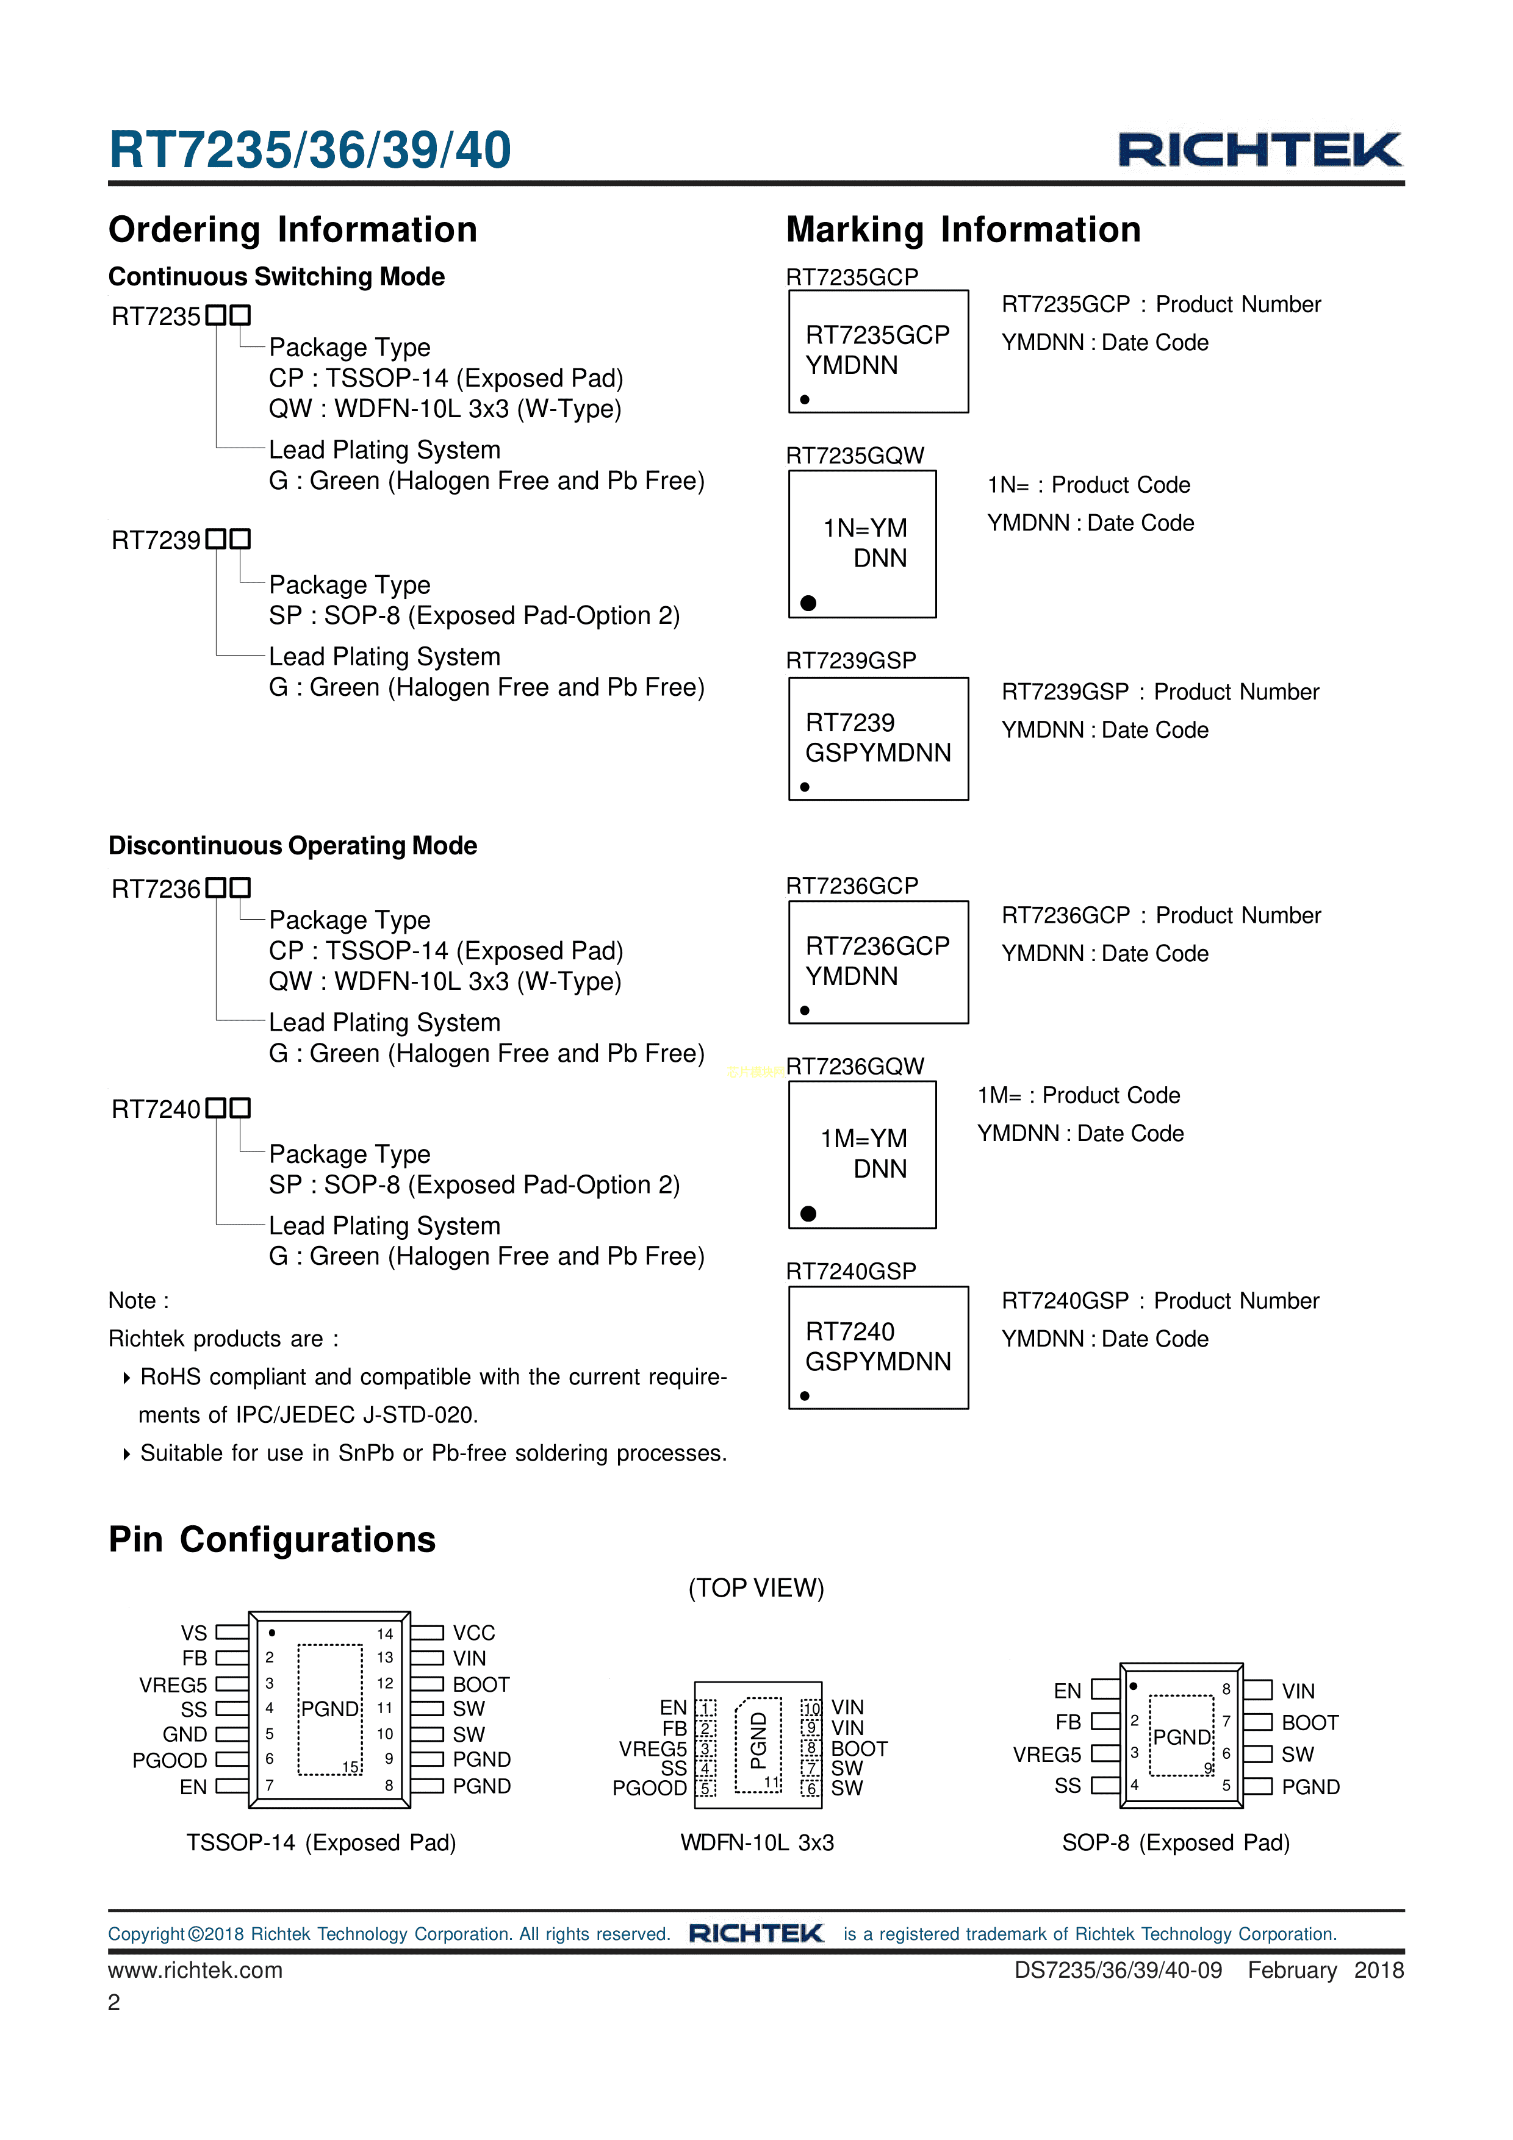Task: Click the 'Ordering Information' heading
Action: (x=293, y=229)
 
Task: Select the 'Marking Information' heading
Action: (x=963, y=229)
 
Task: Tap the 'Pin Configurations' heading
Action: (x=271, y=1539)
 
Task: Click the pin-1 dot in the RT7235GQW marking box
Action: (x=808, y=603)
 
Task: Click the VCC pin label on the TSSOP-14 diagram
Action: (x=473, y=1633)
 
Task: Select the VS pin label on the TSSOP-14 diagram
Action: (x=194, y=1633)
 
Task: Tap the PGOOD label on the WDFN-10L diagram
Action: (x=649, y=1788)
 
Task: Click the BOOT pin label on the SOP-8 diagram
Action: (x=1310, y=1722)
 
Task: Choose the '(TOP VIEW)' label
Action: (x=756, y=1587)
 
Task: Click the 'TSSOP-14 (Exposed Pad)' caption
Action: (x=321, y=1842)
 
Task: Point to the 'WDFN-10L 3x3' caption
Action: (x=757, y=1842)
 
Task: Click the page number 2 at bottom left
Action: (x=113, y=2002)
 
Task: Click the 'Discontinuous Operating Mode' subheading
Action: (x=293, y=845)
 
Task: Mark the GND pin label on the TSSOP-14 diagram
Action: (x=185, y=1734)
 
